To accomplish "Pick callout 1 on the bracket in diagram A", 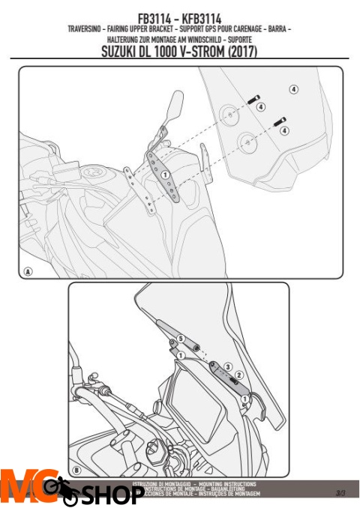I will pos(163,174).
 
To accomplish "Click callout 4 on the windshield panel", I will pos(293,89).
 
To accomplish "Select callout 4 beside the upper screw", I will pos(260,106).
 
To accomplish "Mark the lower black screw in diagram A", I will pos(281,118).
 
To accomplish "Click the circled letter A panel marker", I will pos(28,271).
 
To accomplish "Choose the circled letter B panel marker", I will pos(78,470).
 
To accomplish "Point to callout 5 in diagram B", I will pos(180,339).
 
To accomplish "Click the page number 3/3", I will pos(341,492).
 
